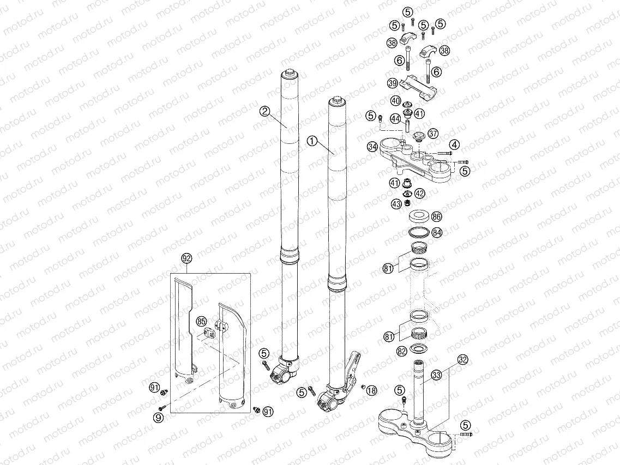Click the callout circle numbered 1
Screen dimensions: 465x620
pos(312,141)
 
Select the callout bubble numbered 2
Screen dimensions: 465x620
pos(265,111)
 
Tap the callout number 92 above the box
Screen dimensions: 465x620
pos(186,258)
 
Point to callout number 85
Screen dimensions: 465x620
pos(201,321)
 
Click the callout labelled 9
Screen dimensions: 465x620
pos(158,418)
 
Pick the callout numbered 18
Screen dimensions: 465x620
pos(371,390)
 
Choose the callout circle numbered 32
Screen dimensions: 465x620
pos(463,360)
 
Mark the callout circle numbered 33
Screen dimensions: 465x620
pos(436,375)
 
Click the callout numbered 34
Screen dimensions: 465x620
pos(372,147)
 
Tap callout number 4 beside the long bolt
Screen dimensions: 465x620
pos(454,144)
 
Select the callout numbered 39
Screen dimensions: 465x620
pos(392,83)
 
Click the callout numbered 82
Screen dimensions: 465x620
pos(402,352)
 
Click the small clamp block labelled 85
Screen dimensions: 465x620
pos(210,331)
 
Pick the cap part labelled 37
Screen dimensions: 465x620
pos(419,136)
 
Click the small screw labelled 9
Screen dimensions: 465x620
pos(161,408)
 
